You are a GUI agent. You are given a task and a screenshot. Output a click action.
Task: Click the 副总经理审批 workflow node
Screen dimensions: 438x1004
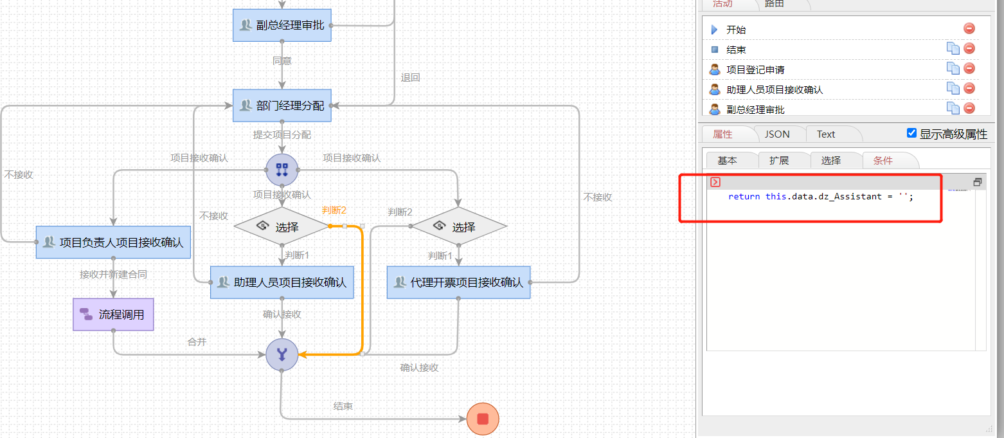[282, 26]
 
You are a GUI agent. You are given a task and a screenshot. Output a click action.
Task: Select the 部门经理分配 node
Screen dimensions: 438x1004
[282, 105]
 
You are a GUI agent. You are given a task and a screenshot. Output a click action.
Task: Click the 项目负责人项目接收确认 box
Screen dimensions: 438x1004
[113, 242]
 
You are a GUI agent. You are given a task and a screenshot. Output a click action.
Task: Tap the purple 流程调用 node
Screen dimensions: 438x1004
[113, 315]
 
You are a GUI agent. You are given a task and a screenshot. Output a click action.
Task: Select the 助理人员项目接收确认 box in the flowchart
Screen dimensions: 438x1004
[282, 282]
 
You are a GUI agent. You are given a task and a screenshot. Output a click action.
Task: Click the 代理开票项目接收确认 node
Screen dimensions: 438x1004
[458, 282]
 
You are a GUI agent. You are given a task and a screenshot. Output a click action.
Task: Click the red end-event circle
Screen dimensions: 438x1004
[483, 419]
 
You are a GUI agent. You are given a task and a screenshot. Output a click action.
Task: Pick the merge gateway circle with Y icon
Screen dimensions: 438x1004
[282, 354]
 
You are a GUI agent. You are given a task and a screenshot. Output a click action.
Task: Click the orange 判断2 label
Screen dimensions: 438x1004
[334, 210]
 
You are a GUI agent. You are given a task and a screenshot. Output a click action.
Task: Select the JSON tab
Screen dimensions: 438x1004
[777, 134]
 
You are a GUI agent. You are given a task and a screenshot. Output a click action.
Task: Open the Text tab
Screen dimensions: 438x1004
[826, 134]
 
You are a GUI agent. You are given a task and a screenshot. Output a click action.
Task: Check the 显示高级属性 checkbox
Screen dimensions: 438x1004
[911, 133]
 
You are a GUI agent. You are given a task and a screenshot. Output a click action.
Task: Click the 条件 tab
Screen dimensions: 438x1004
[883, 161]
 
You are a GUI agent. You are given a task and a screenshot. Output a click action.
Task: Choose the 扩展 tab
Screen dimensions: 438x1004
[779, 161]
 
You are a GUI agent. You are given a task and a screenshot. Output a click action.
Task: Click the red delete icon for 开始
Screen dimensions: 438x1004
[969, 28]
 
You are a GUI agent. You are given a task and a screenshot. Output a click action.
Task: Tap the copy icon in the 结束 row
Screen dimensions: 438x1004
[953, 48]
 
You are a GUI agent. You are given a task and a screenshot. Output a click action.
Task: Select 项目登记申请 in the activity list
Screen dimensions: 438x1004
[755, 69]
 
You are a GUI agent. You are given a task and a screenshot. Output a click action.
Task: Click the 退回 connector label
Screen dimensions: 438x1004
[410, 77]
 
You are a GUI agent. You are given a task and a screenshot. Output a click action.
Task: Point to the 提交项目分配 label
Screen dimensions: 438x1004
[282, 134]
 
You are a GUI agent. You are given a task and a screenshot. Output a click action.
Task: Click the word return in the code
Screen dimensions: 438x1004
[744, 196]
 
